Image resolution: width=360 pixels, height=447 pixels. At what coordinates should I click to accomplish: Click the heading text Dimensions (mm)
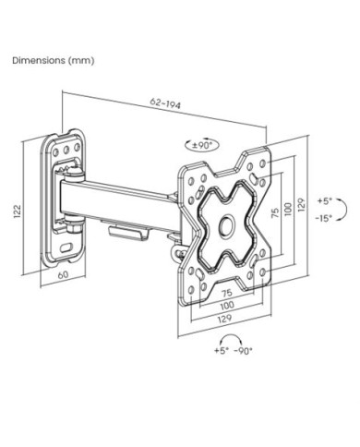(x=54, y=60)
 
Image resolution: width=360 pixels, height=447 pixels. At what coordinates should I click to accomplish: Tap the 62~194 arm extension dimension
(x=165, y=103)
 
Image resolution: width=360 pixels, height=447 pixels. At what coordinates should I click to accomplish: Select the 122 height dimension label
(x=18, y=211)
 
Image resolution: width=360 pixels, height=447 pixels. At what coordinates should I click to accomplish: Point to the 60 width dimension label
(x=63, y=274)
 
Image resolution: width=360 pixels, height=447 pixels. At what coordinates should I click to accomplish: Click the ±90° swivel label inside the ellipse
(x=202, y=145)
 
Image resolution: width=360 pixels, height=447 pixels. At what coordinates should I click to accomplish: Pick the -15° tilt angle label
(x=324, y=218)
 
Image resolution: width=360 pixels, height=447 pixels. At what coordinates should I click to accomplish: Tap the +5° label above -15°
(x=325, y=201)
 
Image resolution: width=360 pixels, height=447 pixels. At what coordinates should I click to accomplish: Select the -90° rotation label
(x=243, y=351)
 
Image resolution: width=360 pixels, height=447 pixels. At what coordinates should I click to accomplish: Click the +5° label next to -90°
(x=222, y=351)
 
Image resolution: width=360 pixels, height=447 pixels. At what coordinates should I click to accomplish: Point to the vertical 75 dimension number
(x=275, y=212)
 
